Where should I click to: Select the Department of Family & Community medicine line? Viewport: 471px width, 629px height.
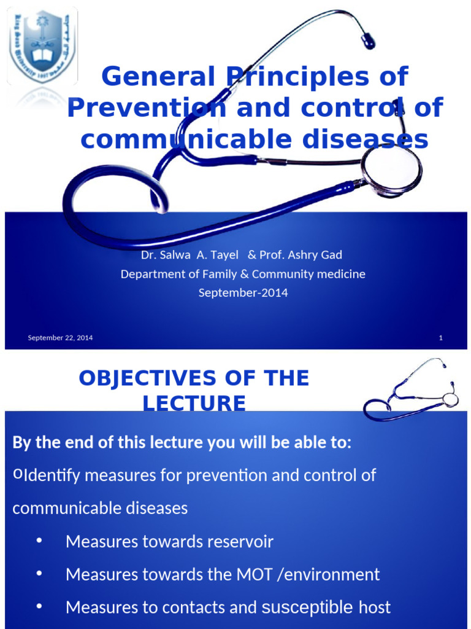(x=243, y=274)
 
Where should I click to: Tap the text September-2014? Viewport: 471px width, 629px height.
(x=243, y=293)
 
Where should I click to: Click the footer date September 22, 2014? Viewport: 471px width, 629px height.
(x=60, y=338)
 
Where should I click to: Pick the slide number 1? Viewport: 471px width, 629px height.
(x=441, y=338)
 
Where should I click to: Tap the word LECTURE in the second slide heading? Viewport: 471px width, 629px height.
(x=194, y=404)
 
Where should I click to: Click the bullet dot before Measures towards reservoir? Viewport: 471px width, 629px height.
(x=39, y=541)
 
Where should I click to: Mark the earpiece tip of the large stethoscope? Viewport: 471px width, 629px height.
(x=368, y=42)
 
